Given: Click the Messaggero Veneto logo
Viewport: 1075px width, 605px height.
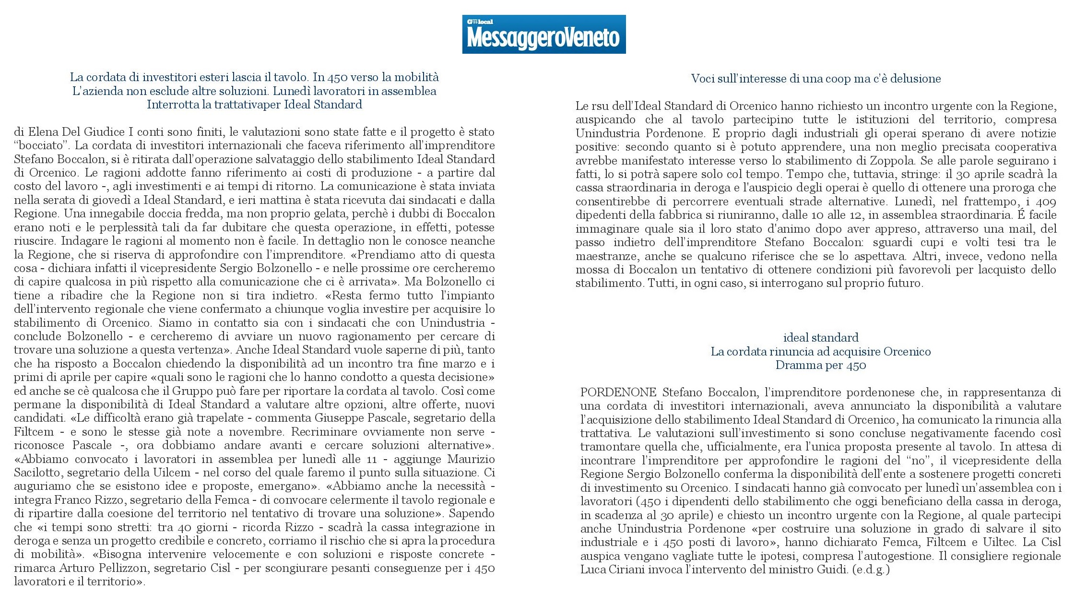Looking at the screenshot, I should pyautogui.click(x=543, y=35).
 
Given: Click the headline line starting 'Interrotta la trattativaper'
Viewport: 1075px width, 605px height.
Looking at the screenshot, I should pyautogui.click(x=254, y=105).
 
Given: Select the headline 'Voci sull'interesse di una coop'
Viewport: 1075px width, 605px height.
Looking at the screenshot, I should pyautogui.click(x=815, y=79).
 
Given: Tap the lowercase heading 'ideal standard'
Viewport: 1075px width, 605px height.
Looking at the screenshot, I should pyautogui.click(x=820, y=337).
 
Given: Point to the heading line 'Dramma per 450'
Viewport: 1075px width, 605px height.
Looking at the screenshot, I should pyautogui.click(x=820, y=365).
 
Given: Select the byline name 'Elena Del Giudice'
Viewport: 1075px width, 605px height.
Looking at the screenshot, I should pyautogui.click(x=77, y=131).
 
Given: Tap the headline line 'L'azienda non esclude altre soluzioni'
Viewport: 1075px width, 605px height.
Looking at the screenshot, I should pyautogui.click(x=254, y=91).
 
